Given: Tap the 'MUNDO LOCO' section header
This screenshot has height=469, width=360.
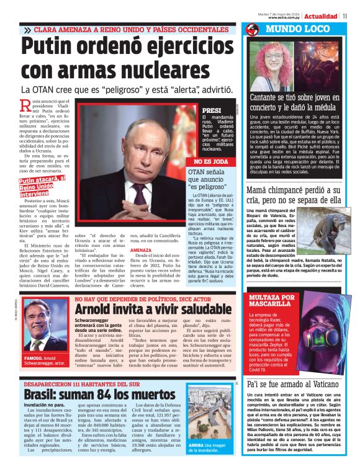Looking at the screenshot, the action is click(x=291, y=29).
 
